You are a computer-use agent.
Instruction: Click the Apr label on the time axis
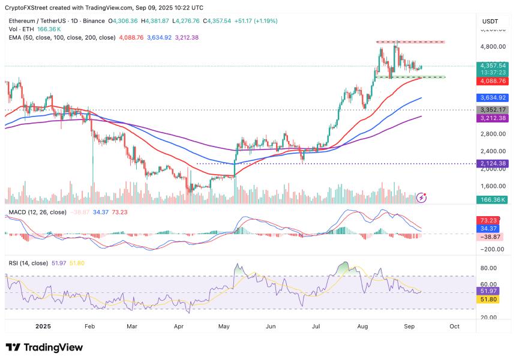pos(179,327)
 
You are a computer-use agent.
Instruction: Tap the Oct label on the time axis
pos(454,327)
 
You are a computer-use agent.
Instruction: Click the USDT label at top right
pos(490,21)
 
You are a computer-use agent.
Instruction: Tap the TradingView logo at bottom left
pos(44,347)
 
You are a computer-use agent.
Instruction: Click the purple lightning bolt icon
pos(422,196)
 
